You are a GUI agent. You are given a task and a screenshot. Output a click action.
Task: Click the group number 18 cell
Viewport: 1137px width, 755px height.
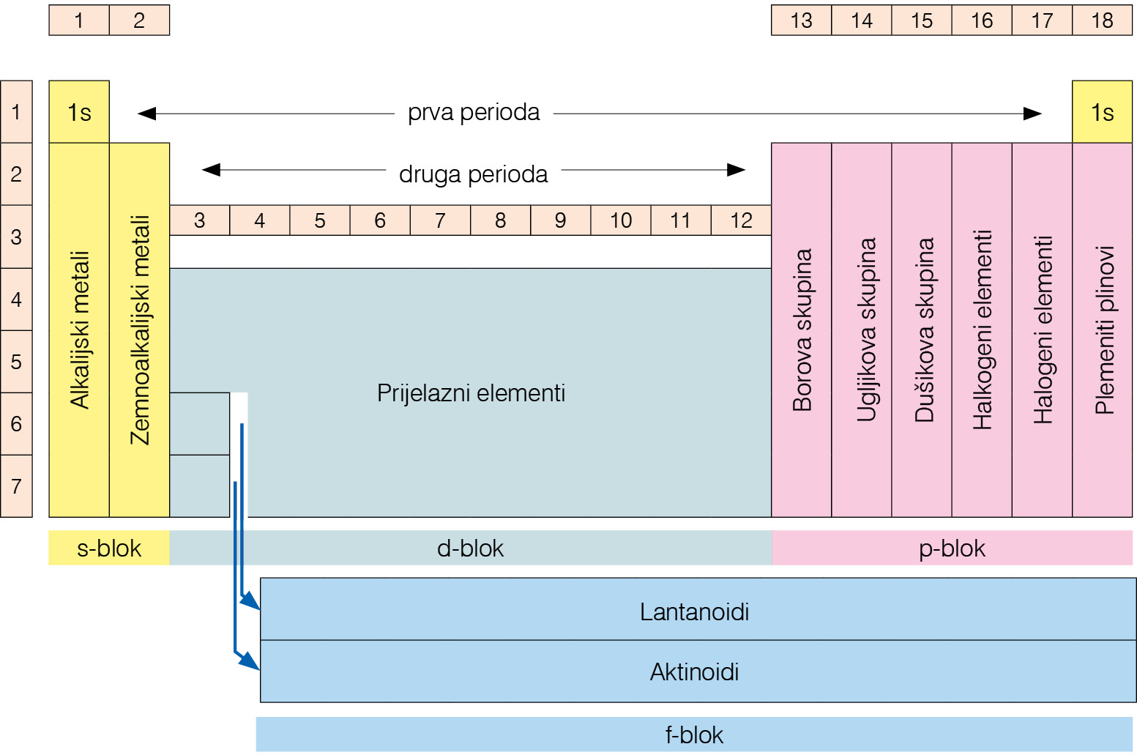[x=1102, y=21]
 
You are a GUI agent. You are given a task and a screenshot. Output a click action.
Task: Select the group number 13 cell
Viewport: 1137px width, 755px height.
[x=801, y=21]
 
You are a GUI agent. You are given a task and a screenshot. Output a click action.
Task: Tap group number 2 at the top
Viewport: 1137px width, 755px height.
[x=139, y=21]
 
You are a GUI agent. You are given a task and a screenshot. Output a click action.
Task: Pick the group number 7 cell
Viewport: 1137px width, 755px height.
[x=440, y=220]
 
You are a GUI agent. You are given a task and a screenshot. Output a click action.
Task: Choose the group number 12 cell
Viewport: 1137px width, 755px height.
[x=741, y=220]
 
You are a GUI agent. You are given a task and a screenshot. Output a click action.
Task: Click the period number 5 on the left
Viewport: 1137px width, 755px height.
[x=16, y=362]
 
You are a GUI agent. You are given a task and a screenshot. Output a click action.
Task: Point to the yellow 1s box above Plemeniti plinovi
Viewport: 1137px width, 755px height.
[x=1102, y=112]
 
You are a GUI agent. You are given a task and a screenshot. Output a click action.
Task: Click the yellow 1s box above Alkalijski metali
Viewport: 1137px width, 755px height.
[x=79, y=112]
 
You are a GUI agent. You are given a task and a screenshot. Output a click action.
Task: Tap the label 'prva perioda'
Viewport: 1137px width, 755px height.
[x=474, y=113]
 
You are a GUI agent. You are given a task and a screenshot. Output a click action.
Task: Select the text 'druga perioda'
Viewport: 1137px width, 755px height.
[x=473, y=174]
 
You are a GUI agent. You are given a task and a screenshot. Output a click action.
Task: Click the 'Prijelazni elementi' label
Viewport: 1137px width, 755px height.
[x=471, y=393]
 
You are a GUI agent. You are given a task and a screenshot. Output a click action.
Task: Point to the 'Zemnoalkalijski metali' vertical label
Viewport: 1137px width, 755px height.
[x=140, y=330]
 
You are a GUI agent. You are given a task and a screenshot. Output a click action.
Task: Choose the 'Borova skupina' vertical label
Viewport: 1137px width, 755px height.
[x=802, y=330]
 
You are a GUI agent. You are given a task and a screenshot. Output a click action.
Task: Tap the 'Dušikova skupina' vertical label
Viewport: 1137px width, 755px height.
[x=924, y=330]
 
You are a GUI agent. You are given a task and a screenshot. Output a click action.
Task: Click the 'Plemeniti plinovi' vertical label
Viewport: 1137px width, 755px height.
[x=1104, y=330]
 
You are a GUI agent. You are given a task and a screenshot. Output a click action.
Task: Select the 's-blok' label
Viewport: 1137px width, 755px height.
[x=109, y=548]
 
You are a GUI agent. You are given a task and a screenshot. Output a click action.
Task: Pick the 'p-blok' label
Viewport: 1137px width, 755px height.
[x=952, y=548]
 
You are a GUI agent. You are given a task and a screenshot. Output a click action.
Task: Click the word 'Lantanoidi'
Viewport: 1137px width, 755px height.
[x=694, y=611]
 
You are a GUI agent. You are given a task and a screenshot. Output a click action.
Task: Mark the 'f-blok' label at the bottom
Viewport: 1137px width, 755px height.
[x=694, y=734]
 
